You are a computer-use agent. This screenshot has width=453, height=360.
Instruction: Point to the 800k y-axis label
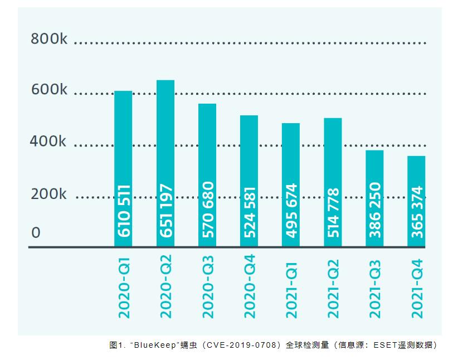[x=49, y=39]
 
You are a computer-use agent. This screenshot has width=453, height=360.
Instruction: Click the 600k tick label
[x=49, y=90]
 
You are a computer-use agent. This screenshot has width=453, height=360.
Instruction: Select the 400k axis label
[x=48, y=142]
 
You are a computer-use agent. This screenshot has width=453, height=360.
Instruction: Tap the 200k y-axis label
[x=48, y=194]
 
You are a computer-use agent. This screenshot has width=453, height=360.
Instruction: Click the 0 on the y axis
[x=36, y=232]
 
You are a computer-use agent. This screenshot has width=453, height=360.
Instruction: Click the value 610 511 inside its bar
[x=124, y=210]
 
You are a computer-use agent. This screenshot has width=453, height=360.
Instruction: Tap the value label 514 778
[x=333, y=210]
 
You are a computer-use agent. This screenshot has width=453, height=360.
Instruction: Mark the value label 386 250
[x=375, y=210]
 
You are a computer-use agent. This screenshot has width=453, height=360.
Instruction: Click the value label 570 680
[x=207, y=210]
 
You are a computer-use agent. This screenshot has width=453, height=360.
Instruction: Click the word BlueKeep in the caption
[x=158, y=346]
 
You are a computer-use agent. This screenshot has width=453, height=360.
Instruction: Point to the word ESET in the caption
[x=382, y=346]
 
